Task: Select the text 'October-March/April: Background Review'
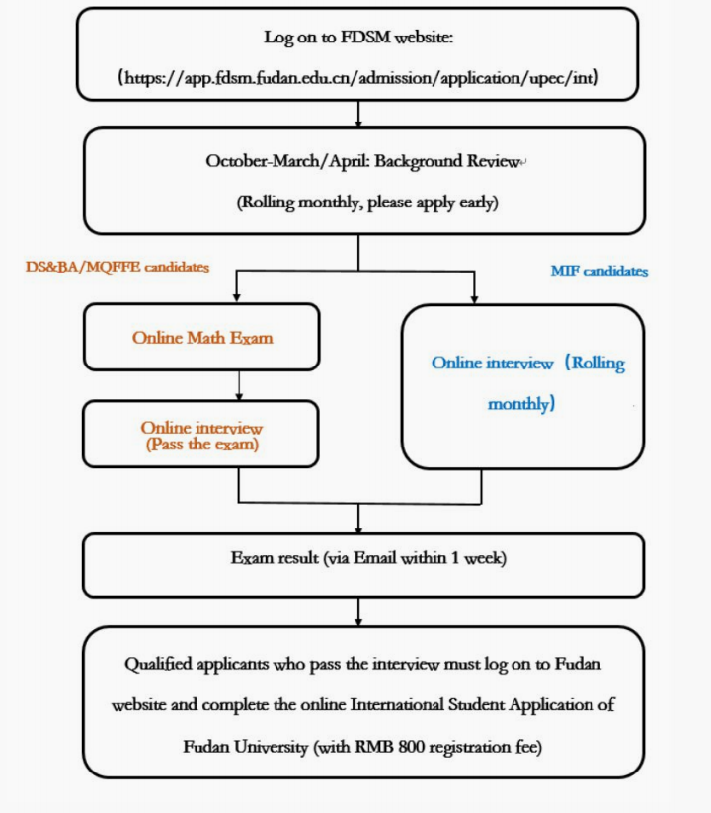tap(361, 161)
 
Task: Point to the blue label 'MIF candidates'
tap(598, 270)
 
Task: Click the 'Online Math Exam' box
tap(201, 338)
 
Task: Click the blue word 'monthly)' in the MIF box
tap(521, 403)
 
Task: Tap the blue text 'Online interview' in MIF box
tap(492, 363)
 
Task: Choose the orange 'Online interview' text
tap(201, 428)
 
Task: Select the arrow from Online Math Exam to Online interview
tap(239, 386)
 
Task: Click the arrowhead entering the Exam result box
tap(357, 528)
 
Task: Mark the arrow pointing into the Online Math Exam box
tap(236, 295)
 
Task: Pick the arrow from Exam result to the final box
tap(357, 612)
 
